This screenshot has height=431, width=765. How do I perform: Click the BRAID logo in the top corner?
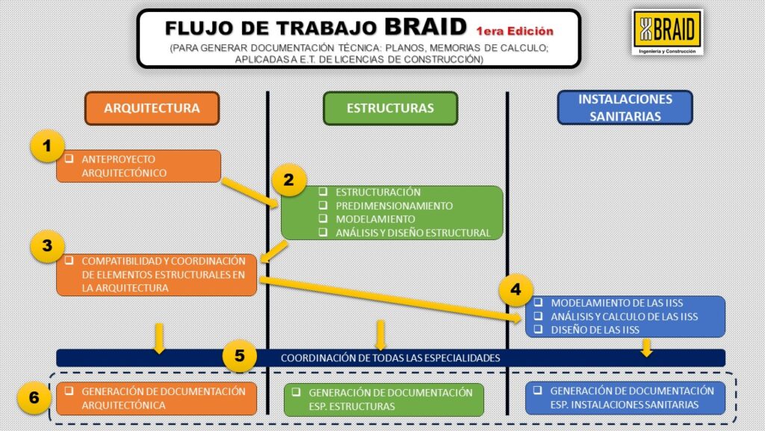[x=666, y=33]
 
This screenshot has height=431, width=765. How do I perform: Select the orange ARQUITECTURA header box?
[x=152, y=108]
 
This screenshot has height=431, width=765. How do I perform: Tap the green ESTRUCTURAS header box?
[x=390, y=108]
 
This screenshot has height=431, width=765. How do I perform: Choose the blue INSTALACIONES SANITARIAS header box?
[x=625, y=107]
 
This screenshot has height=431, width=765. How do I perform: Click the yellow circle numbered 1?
[x=48, y=147]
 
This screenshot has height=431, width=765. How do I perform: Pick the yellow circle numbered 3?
[x=48, y=246]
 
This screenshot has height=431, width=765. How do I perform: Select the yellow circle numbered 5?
[x=240, y=356]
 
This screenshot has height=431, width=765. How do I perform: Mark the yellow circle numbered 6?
[x=34, y=397]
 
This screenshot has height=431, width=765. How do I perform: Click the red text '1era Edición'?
[x=515, y=31]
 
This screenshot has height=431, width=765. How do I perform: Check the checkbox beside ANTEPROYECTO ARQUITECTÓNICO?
[x=69, y=159]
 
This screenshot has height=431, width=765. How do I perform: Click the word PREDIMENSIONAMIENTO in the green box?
[x=394, y=206]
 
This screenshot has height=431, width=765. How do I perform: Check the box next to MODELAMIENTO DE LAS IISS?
[x=539, y=303]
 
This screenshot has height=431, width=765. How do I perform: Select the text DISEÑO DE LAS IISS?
[x=595, y=330]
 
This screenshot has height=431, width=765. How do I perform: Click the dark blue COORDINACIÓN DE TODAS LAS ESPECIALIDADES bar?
[x=390, y=358]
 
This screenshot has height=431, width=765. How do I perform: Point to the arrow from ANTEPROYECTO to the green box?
[x=250, y=192]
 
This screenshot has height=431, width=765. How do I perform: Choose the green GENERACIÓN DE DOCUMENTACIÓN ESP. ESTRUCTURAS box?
[x=384, y=400]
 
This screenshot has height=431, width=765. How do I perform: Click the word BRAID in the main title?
[x=425, y=27]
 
